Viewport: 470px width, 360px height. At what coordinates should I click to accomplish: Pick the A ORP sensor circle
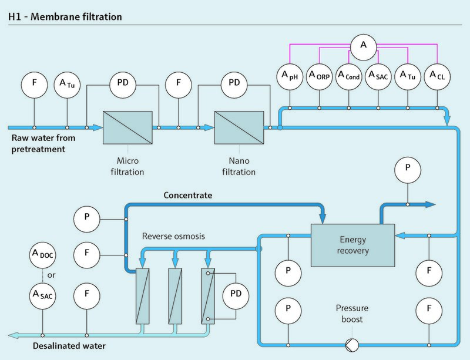click(x=319, y=76)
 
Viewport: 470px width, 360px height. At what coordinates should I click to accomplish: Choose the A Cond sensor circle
click(x=349, y=76)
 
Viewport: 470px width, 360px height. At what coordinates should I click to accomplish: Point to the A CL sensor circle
click(x=437, y=76)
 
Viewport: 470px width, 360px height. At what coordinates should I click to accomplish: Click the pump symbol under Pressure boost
click(x=352, y=344)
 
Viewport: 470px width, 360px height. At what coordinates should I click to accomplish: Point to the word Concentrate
click(x=187, y=194)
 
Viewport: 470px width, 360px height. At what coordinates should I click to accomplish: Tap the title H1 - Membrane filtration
click(x=65, y=17)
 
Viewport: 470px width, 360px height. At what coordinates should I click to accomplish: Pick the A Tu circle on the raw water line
click(x=68, y=84)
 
